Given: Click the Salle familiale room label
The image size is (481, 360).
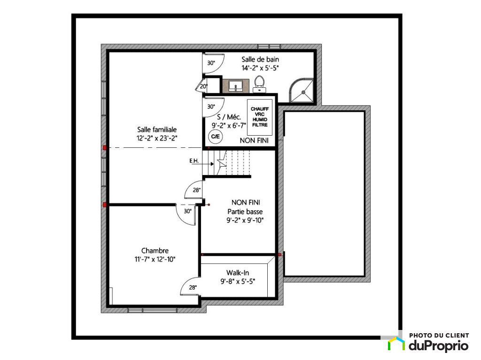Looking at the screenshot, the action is click(x=157, y=130).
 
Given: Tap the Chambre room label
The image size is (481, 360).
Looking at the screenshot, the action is click(x=155, y=251).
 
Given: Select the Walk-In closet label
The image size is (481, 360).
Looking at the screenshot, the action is click(x=238, y=273).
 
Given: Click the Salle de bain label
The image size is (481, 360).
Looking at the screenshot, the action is click(x=260, y=60).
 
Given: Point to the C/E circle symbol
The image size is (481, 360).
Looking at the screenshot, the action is click(x=215, y=137).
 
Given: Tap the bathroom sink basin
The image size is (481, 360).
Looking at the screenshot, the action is click(x=236, y=85).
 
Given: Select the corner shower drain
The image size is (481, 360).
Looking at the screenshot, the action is click(x=303, y=92).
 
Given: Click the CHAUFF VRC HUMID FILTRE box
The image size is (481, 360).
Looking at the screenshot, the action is click(x=260, y=117).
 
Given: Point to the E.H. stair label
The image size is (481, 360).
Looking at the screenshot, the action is click(x=194, y=161).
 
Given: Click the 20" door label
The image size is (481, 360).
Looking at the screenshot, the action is click(x=203, y=86).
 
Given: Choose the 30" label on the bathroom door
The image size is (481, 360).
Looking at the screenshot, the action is click(x=211, y=63).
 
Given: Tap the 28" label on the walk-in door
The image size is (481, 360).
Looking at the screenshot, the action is click(x=193, y=288).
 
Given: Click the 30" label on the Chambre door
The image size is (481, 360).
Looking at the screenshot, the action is click(x=188, y=211).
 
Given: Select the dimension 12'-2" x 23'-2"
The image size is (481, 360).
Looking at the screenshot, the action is click(x=157, y=138).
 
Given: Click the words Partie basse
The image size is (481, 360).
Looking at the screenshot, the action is click(x=245, y=212).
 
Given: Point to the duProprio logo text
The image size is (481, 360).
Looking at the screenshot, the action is click(x=439, y=345).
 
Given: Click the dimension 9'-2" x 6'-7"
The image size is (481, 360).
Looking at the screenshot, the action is click(x=229, y=125).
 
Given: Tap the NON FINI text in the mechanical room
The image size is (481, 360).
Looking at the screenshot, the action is click(x=254, y=140).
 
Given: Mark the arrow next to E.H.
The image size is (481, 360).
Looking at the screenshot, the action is click(x=207, y=164).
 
